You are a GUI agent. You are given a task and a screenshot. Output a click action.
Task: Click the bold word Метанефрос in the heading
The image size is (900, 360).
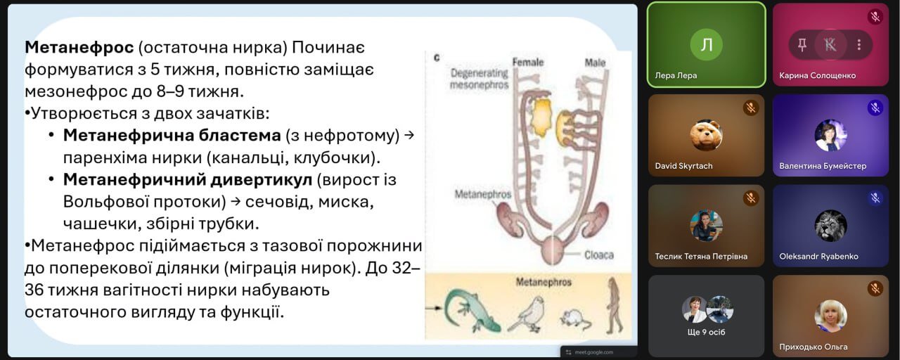79,47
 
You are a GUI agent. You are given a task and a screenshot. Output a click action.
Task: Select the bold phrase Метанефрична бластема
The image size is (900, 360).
172,136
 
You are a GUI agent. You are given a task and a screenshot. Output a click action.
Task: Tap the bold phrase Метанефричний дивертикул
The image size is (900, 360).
188,180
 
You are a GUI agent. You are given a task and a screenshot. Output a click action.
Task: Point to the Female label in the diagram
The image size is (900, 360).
527,63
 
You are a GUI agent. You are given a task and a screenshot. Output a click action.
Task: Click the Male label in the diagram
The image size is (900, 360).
595,63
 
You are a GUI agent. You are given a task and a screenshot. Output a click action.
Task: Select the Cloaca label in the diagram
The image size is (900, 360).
598,255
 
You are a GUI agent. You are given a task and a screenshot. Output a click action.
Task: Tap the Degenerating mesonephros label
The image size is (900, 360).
480,79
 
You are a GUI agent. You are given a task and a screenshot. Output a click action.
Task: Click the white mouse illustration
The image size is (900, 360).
574,319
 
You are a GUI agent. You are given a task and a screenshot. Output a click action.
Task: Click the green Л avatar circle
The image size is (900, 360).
707,44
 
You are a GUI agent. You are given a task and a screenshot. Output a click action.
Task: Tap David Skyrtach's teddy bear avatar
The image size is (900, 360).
707,135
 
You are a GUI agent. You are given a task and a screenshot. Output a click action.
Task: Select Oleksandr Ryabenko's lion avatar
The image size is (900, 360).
830,226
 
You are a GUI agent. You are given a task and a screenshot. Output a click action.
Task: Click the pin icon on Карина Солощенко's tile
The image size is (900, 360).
802,44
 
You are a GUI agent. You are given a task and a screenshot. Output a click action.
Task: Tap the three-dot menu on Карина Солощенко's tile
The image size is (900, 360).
859,44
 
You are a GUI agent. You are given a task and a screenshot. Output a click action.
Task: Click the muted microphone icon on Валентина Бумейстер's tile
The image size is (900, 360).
875,108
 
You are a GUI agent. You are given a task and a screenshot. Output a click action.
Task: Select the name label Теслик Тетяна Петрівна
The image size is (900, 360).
701,257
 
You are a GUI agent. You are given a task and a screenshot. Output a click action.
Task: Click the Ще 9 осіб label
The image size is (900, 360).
707,333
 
